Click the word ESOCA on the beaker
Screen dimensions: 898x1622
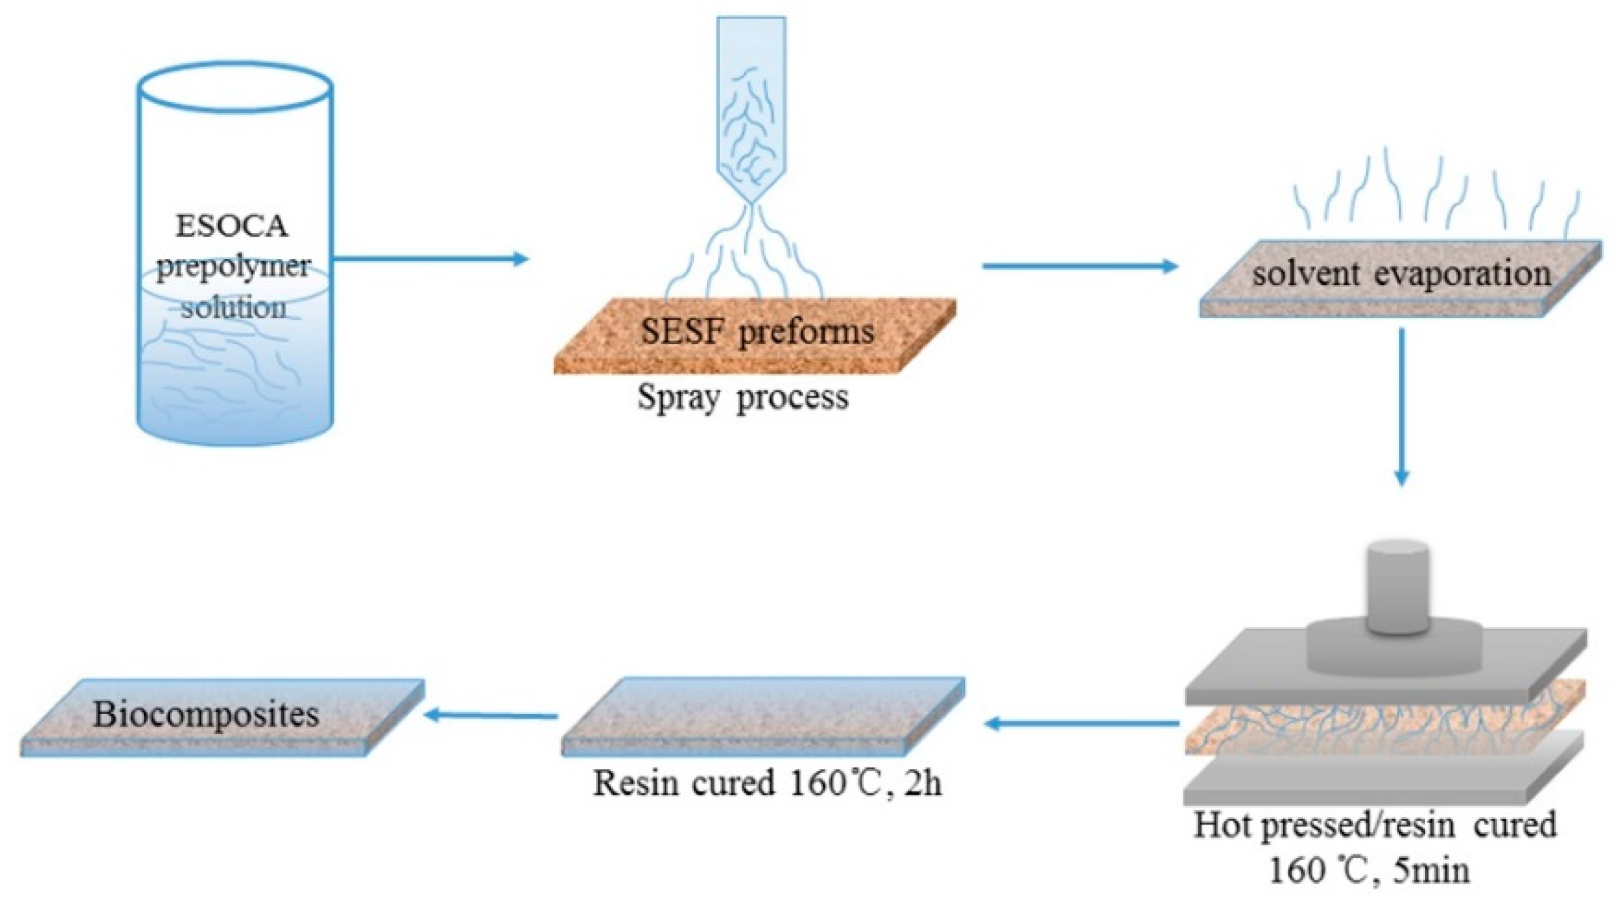click(x=231, y=226)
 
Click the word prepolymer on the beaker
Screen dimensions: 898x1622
click(x=233, y=266)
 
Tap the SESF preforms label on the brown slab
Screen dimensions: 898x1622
click(x=757, y=332)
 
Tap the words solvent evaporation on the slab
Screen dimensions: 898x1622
click(x=1401, y=274)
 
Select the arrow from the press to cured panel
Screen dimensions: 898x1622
click(x=1081, y=724)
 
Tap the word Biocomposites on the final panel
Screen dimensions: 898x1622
click(x=205, y=714)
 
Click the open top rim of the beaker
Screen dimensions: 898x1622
click(x=235, y=86)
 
